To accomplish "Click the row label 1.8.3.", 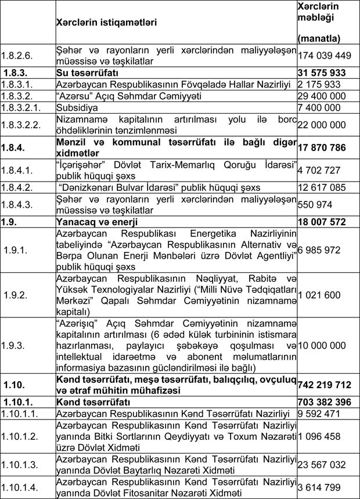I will [19, 73].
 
